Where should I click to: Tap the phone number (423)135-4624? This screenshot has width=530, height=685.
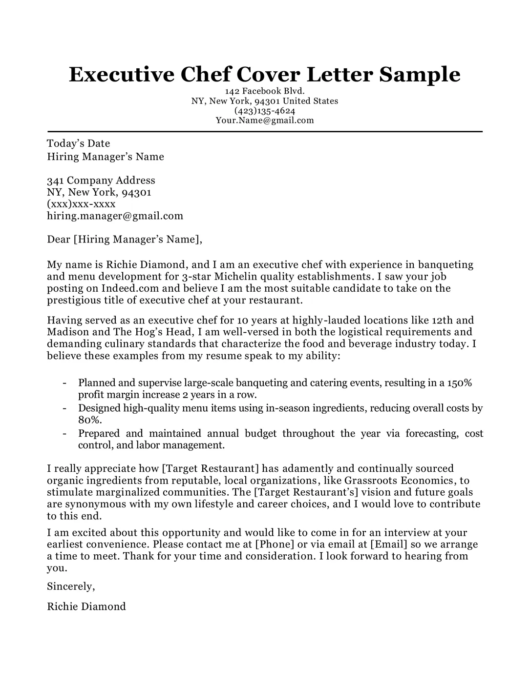coord(264,111)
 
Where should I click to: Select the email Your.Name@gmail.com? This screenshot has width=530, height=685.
coord(264,121)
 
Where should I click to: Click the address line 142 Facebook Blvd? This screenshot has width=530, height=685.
coord(264,91)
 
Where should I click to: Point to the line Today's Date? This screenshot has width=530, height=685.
coord(78,143)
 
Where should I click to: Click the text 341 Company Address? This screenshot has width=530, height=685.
coord(101,181)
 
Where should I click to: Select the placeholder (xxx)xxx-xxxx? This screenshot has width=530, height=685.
coord(81,204)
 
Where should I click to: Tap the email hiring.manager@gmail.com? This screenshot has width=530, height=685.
coord(115,216)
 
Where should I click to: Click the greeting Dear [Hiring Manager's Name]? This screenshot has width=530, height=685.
coord(124,240)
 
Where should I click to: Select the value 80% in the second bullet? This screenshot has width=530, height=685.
coord(88,420)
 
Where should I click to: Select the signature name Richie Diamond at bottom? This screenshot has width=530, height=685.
coord(86,607)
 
